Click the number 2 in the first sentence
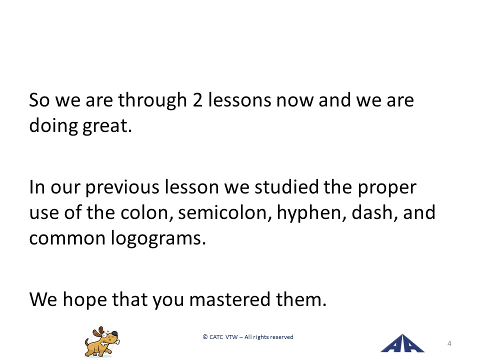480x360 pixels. [x=197, y=100]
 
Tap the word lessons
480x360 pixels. [x=239, y=99]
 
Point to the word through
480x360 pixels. [x=152, y=100]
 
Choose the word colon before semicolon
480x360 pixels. [x=144, y=212]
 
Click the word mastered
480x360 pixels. [x=230, y=299]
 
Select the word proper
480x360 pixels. [x=387, y=187]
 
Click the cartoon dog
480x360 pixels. [x=102, y=341]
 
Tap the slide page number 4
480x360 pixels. [x=449, y=343]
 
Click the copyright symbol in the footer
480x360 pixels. [x=205, y=337]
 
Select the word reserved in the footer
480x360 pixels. [x=281, y=337]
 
